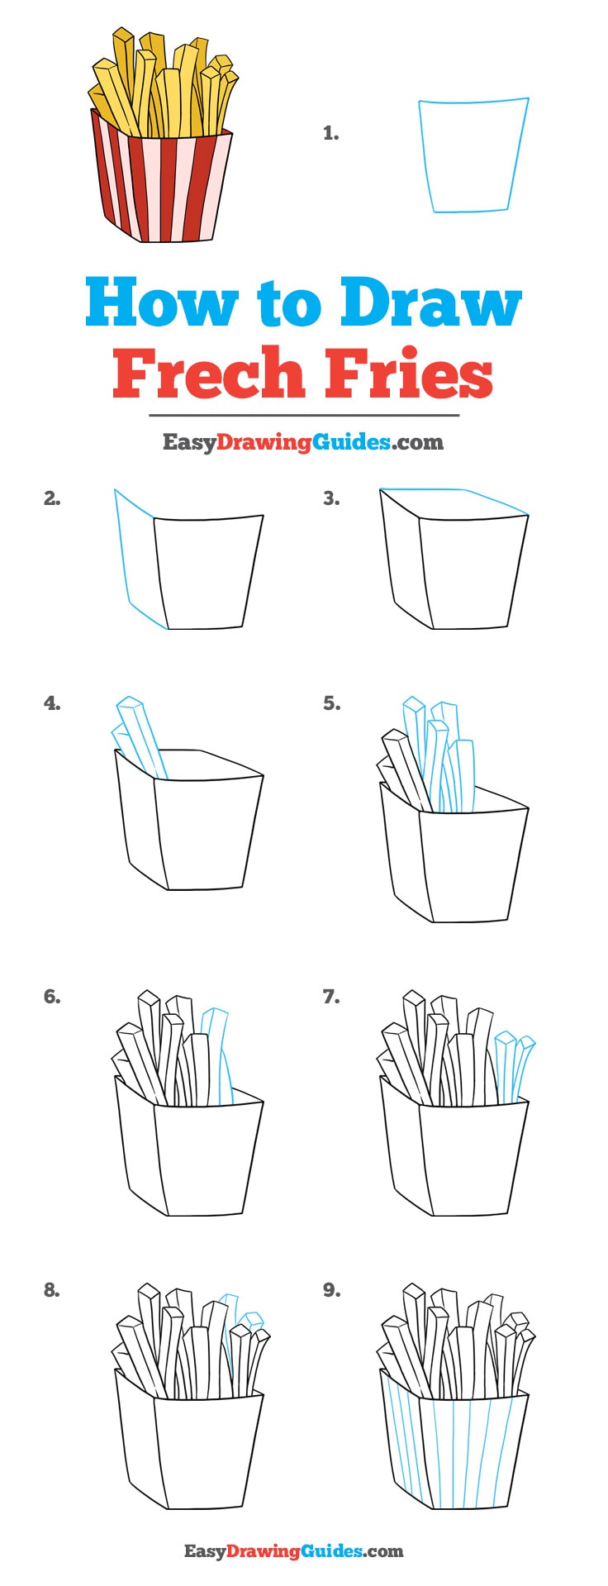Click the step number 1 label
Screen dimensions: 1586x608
(330, 133)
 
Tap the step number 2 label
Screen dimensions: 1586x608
(52, 498)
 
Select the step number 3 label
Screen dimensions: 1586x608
(331, 498)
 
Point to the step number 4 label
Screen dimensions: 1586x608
(52, 703)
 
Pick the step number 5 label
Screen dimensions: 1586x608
(331, 703)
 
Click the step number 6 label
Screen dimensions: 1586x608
(52, 997)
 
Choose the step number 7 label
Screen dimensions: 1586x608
(331, 997)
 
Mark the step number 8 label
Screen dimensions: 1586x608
(52, 1290)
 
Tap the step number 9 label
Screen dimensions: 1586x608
(331, 1290)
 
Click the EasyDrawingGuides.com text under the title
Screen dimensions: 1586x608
(303, 442)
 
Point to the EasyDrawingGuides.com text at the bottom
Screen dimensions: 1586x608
(293, 1550)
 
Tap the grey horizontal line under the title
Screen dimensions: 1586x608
(303, 415)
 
